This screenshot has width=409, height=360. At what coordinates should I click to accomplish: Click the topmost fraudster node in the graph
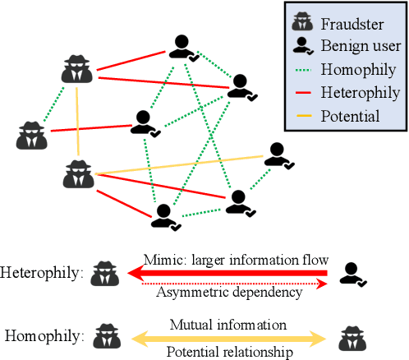pyautogui.click(x=76, y=70)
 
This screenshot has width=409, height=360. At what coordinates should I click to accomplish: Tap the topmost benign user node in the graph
pyautogui.click(x=182, y=48)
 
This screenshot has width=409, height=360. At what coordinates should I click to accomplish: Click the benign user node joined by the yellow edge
pyautogui.click(x=278, y=156)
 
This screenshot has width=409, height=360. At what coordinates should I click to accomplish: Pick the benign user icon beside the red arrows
pyautogui.click(x=354, y=275)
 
